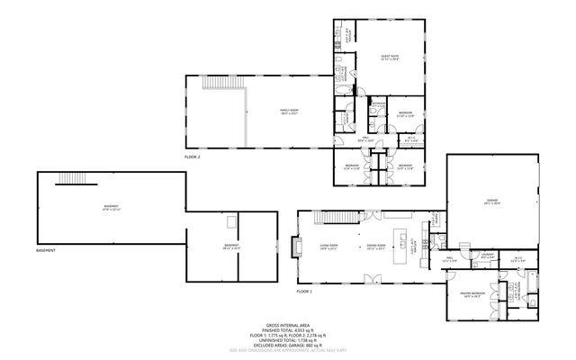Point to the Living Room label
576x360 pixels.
[329, 246]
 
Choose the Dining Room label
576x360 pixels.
[376, 246]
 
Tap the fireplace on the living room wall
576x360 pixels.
[294, 247]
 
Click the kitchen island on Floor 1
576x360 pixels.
[404, 245]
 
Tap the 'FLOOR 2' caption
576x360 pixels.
[193, 157]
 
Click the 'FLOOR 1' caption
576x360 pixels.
[305, 292]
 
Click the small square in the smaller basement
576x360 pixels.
[231, 220]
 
